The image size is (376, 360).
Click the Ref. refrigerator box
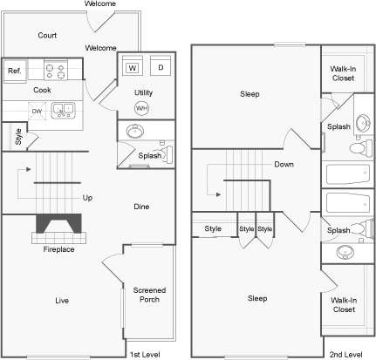pyautogui.click(x=15, y=71)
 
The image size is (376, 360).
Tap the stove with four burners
pyautogui.click(x=57, y=69)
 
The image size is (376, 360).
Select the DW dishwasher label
pyautogui.click(x=37, y=111)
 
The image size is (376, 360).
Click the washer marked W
pyautogui.click(x=133, y=67)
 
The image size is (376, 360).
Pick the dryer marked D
pyautogui.click(x=161, y=67)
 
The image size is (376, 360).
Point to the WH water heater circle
pyautogui.click(x=141, y=108)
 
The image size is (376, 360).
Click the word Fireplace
pyautogui.click(x=58, y=250)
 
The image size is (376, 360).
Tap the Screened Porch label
pyautogui.click(x=148, y=295)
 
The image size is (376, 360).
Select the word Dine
pyautogui.click(x=140, y=207)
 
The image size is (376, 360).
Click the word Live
pyautogui.click(x=62, y=301)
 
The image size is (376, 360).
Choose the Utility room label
pyautogui.click(x=144, y=92)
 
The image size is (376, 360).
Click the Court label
pyautogui.click(x=47, y=36)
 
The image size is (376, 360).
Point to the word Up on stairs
pyautogui.click(x=87, y=198)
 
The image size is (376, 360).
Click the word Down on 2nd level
pyautogui.click(x=284, y=164)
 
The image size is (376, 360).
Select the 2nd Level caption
pyautogui.click(x=345, y=354)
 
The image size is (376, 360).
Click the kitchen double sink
pyautogui.click(x=62, y=110)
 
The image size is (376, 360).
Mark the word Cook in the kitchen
pyautogui.click(x=42, y=90)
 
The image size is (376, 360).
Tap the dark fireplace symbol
pyautogui.click(x=58, y=226)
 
